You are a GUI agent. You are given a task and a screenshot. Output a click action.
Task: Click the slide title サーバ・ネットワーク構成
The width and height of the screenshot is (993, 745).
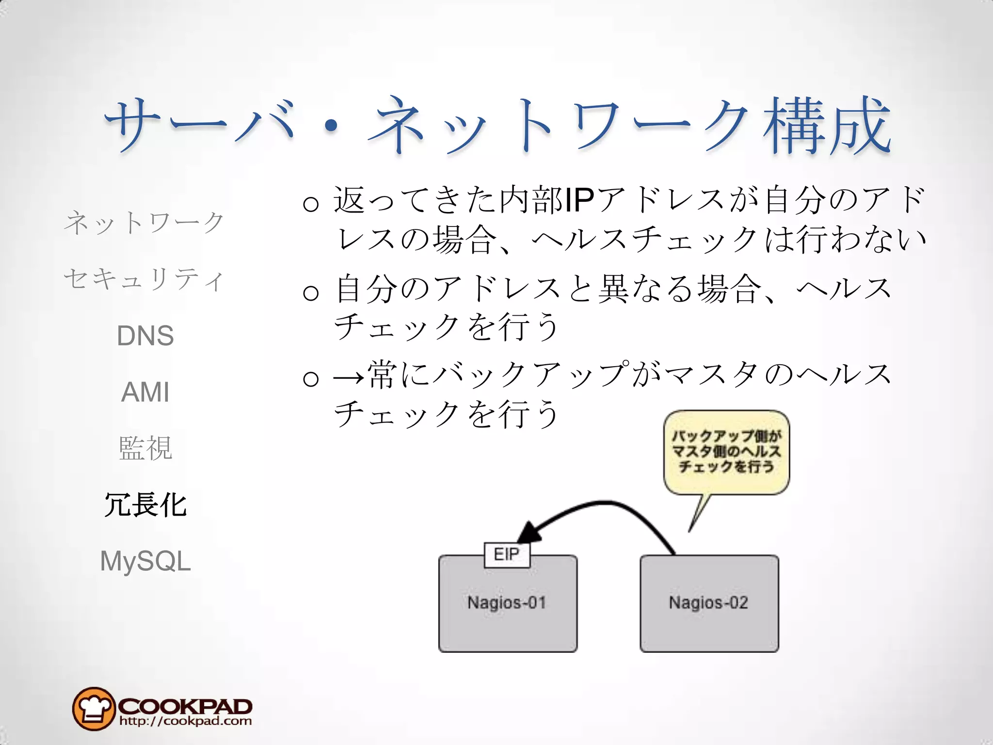tap(497, 125)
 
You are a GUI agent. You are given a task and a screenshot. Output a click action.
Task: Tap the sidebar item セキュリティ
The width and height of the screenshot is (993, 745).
tap(144, 279)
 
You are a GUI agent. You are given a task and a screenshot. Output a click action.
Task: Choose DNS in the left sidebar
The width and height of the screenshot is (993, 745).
tap(145, 336)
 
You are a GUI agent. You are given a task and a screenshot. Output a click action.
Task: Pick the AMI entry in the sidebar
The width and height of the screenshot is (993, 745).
tap(145, 392)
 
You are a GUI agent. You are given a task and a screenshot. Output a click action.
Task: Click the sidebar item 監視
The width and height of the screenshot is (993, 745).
tap(145, 448)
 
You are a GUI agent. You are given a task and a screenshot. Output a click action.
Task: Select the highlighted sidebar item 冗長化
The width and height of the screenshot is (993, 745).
tap(145, 504)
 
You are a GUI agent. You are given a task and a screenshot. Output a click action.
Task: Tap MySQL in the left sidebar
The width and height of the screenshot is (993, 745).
tap(145, 561)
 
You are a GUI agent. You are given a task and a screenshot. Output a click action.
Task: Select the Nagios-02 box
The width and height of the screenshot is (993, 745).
tap(709, 603)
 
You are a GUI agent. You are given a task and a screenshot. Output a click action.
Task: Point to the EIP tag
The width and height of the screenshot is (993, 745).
tap(507, 554)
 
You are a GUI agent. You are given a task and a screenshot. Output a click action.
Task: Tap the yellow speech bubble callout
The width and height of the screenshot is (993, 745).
tap(726, 452)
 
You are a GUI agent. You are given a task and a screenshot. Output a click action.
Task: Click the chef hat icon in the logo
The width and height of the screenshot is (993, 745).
tap(94, 709)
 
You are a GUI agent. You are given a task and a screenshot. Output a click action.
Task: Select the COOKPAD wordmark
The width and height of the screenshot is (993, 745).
tap(185, 705)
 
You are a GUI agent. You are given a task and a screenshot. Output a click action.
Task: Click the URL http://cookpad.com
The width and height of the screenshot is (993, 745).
tap(185, 721)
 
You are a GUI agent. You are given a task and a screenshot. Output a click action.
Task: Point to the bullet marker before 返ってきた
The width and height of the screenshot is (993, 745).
tap(311, 204)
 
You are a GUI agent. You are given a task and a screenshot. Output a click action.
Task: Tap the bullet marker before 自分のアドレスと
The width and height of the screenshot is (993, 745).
tap(311, 292)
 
